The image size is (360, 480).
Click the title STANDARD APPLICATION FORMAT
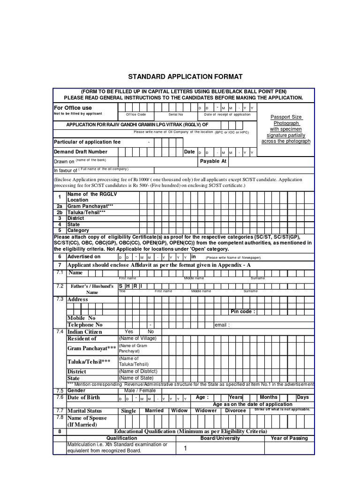pos(185,76)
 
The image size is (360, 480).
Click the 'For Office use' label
pos(73,108)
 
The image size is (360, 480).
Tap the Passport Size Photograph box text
pos(285,129)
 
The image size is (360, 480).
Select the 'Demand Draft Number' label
pos(81,152)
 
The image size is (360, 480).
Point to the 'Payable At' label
pos(213,161)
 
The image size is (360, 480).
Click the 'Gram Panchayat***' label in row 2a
pos(90,206)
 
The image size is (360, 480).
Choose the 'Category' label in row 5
pos(78,231)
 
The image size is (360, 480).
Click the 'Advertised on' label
pos(84,256)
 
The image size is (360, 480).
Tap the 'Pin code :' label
pos(243,311)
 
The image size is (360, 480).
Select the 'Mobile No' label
pos(82,318)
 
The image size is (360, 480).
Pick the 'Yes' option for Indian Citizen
pos(129,331)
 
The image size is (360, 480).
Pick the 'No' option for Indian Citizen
pos(151,331)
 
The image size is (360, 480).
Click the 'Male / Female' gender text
pos(140,390)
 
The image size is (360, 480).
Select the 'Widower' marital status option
pos(206,411)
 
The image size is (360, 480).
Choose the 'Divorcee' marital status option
pos(235,411)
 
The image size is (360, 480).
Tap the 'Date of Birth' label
pos(84,397)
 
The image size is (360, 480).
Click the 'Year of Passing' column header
pos(289,438)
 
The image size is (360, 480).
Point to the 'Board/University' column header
pos(220,438)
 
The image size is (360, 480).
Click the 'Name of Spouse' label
pos(87,418)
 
